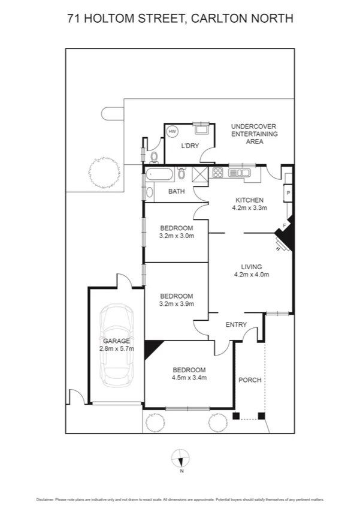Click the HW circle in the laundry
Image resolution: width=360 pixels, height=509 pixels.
(x=172, y=131)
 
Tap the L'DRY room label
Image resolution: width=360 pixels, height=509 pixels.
(x=190, y=145)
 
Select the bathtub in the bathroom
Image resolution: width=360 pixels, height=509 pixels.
(x=160, y=175)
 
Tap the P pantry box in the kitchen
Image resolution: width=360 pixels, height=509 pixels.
(x=288, y=192)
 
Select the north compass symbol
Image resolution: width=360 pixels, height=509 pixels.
(x=180, y=459)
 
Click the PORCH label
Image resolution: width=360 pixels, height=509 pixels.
(x=250, y=380)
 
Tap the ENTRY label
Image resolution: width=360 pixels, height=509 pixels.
(x=235, y=324)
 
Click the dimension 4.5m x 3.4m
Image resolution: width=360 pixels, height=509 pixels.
(x=189, y=378)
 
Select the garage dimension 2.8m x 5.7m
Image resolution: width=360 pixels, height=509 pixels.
(x=116, y=348)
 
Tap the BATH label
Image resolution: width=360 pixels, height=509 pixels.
(x=176, y=192)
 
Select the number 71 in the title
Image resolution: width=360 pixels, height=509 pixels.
(x=74, y=19)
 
